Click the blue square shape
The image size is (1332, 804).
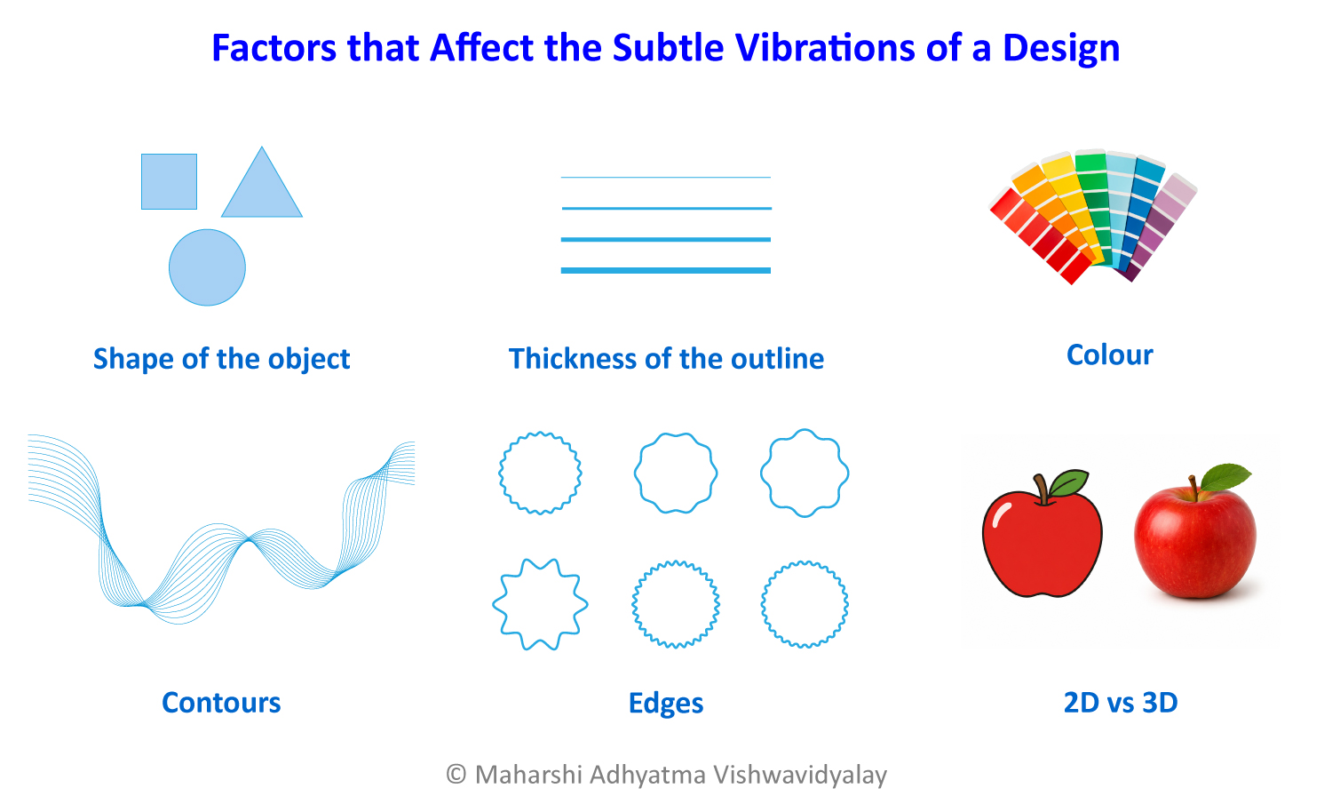click(169, 181)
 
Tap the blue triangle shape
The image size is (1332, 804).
click(262, 190)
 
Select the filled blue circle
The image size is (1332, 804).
click(207, 267)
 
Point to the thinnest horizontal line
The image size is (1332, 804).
click(665, 178)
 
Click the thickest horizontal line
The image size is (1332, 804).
click(665, 270)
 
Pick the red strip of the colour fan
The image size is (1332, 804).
click(1041, 236)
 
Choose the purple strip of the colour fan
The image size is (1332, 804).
click(1156, 227)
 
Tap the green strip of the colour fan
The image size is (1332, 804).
click(1094, 205)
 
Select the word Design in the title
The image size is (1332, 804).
click(1061, 49)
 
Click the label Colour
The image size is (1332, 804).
click(1110, 354)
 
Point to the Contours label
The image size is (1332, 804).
click(221, 702)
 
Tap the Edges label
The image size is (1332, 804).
click(666, 704)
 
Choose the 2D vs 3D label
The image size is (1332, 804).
click(1121, 702)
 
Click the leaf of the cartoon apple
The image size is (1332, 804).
click(1068, 482)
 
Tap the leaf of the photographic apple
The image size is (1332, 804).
click(1225, 477)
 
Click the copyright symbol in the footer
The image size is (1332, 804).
click(456, 775)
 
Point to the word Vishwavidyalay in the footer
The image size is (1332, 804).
click(800, 776)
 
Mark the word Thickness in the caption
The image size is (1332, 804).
click(572, 358)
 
